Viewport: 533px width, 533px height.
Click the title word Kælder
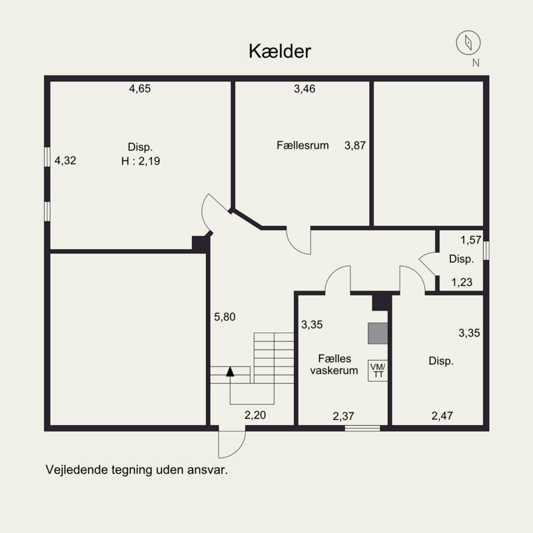(280, 51)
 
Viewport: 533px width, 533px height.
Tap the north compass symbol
(468, 43)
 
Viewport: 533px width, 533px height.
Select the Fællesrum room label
(302, 145)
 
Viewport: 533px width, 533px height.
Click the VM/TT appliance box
(377, 370)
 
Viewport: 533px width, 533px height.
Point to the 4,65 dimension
(140, 88)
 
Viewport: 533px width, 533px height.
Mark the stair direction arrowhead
(231, 372)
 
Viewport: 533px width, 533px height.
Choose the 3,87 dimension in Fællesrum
(355, 145)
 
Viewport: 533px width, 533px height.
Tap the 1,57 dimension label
(470, 240)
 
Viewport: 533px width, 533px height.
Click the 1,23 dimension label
(462, 282)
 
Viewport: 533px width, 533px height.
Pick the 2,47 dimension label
(442, 416)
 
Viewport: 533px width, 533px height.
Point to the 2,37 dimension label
(344, 416)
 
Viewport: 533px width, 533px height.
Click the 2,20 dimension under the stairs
(255, 416)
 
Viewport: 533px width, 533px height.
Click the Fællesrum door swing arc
(299, 241)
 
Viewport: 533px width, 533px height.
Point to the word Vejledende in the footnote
(74, 469)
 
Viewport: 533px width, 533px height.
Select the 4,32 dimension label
(65, 160)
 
